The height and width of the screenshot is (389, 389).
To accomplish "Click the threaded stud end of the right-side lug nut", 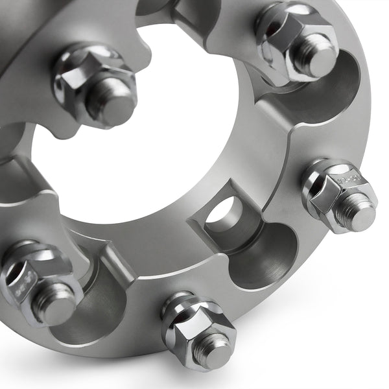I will point(355,209).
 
